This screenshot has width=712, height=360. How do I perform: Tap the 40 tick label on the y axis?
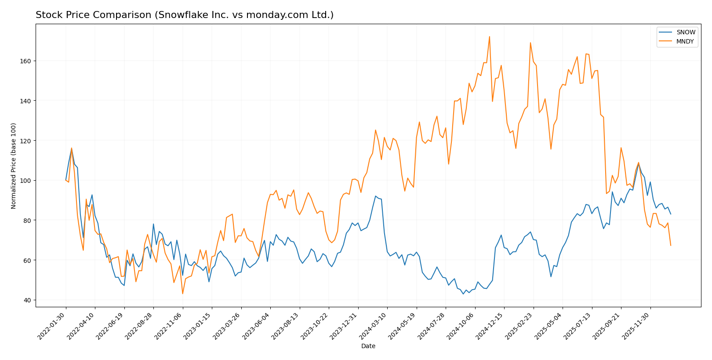[x=27, y=300]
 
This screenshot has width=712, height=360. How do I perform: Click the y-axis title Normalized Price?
[x=14, y=166]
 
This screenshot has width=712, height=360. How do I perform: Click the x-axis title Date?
[x=368, y=346]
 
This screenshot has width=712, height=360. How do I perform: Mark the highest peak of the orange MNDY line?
[x=489, y=36]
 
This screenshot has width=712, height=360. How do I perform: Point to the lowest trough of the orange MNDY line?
[x=182, y=294]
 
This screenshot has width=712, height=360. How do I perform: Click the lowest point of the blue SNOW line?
[x=463, y=294]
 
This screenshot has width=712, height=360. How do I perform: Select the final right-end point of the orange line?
[x=671, y=245]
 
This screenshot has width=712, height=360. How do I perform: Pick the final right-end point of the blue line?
[x=671, y=214]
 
